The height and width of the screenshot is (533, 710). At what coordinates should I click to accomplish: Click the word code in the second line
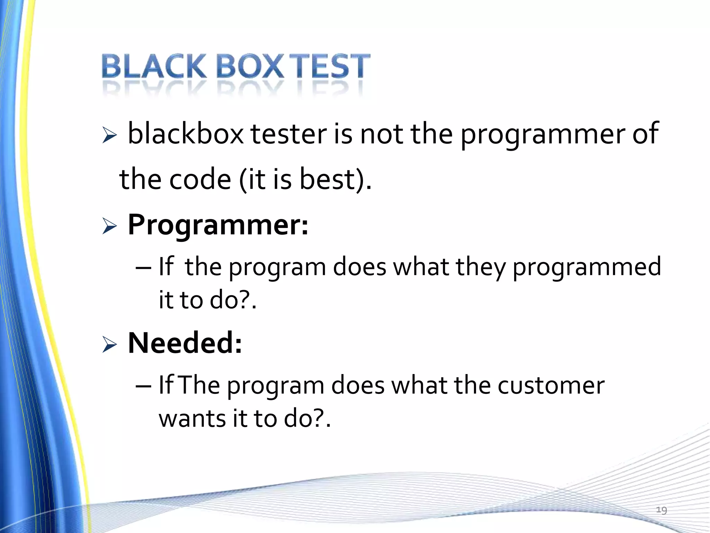pyautogui.click(x=200, y=180)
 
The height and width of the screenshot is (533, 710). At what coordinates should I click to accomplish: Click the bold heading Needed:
pyautogui.click(x=185, y=343)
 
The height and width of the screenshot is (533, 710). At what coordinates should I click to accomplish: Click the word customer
pyautogui.click(x=551, y=386)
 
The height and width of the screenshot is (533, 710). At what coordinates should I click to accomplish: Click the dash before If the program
pyautogui.click(x=143, y=268)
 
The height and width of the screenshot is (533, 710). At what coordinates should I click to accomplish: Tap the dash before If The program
pyautogui.click(x=143, y=386)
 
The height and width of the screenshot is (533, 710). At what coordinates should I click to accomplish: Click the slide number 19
pyautogui.click(x=661, y=510)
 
